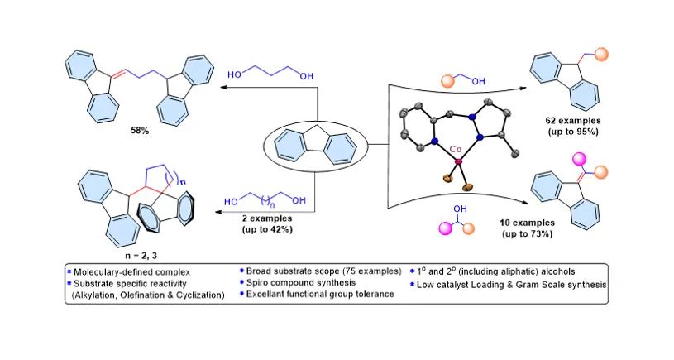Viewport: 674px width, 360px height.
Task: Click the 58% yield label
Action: coord(140,130)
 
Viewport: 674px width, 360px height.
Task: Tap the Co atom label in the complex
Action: coord(455,149)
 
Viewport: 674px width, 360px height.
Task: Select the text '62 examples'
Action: coord(573,121)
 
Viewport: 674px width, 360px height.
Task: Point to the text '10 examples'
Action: coord(527,223)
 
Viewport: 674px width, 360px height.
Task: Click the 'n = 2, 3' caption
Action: coord(141,256)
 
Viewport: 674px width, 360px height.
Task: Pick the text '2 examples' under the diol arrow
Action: coord(267,218)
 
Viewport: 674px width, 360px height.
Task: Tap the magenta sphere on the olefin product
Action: coord(580,158)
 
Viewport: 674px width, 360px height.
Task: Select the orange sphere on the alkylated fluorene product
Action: coord(602,55)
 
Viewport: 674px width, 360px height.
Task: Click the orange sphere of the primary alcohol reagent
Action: coord(448,81)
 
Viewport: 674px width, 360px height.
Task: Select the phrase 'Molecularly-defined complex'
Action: coord(132,271)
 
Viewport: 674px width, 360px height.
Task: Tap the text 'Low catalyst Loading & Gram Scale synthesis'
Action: coord(512,285)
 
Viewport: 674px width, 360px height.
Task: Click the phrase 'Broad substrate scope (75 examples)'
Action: coord(323,271)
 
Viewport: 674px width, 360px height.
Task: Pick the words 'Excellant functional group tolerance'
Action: coord(320,294)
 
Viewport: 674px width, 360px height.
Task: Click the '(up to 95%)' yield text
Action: coord(573,132)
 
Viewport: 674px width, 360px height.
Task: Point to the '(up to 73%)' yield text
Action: coord(527,234)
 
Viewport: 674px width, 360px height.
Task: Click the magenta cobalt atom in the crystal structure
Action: coord(458,161)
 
